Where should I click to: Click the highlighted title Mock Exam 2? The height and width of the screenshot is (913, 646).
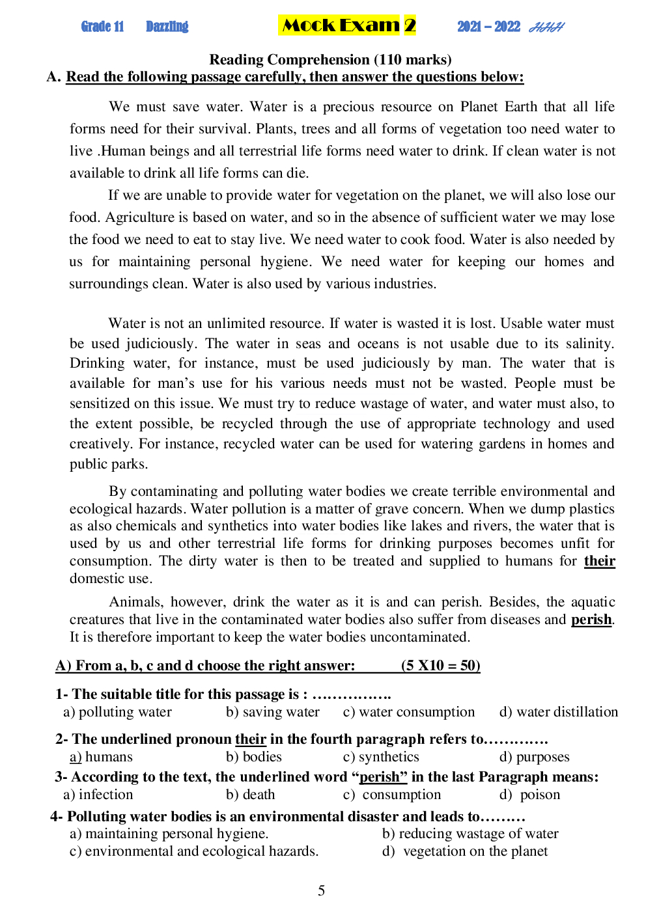347,25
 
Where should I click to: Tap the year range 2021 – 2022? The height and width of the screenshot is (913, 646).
488,27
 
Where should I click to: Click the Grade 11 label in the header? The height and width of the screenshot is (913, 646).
102,27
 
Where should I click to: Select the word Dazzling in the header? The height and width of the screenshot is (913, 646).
167,27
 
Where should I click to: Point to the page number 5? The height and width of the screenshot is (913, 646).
321,890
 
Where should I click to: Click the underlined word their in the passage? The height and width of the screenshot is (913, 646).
599,561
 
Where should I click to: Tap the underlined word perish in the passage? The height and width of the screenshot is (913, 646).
591,620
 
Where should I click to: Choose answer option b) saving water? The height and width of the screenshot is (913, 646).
273,712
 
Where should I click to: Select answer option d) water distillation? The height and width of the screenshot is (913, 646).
558,712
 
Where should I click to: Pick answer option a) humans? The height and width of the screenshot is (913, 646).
102,757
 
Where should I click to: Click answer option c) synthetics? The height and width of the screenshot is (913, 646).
381,757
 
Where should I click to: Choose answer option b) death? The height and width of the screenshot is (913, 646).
251,795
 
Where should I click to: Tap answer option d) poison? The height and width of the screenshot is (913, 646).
529,795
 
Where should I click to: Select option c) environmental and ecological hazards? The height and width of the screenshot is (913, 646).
194,851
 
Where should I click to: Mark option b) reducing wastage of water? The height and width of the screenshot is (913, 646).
470,834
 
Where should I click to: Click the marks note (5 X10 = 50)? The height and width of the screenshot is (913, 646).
440,665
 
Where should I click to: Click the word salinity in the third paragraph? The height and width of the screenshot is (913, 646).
588,344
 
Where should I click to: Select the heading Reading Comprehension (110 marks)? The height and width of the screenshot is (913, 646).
330,60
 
